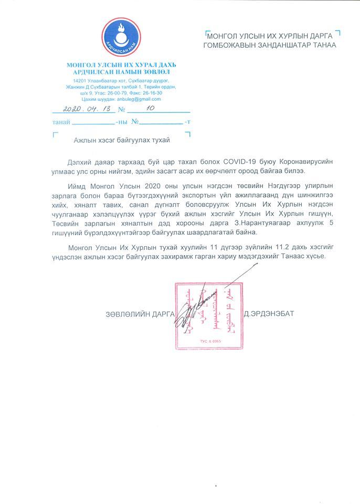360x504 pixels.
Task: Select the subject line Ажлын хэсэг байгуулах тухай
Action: (x=121, y=140)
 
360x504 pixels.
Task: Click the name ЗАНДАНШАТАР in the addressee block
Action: (x=288, y=45)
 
